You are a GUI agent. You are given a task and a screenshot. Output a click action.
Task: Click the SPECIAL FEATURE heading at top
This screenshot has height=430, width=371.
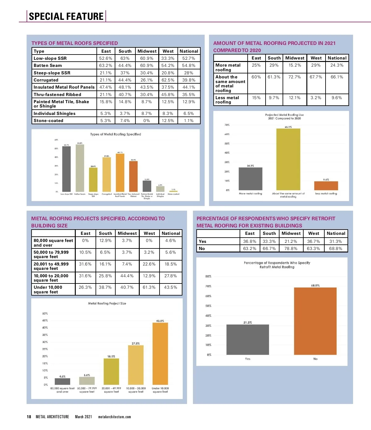click(66, 16)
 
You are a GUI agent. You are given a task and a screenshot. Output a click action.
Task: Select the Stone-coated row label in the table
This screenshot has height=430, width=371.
click(49, 121)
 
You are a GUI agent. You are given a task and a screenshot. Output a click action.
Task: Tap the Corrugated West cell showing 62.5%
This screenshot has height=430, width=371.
click(168, 80)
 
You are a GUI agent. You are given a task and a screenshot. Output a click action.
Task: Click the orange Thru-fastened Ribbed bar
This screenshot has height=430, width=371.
click(133, 176)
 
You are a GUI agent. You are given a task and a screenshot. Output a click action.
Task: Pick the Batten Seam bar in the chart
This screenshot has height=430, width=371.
click(80, 168)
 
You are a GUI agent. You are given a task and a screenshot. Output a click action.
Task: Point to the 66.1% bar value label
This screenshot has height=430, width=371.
click(288, 127)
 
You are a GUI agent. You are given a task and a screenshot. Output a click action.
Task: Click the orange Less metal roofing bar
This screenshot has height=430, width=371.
click(326, 186)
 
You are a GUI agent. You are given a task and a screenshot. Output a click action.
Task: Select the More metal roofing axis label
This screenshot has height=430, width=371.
click(250, 194)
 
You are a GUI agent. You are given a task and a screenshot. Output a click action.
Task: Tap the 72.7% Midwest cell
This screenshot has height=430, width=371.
click(295, 77)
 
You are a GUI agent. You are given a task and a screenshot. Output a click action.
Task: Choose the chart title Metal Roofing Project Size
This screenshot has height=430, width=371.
click(107, 303)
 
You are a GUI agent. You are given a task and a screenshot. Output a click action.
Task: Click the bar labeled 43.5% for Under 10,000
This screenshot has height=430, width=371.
click(160, 353)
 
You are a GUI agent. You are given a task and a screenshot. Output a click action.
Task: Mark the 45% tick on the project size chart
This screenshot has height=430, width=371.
click(45, 320)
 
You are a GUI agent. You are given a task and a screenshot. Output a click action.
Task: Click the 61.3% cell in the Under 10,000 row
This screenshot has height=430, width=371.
click(149, 287)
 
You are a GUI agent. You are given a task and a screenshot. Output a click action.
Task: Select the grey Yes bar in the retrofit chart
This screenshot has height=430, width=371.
click(248, 340)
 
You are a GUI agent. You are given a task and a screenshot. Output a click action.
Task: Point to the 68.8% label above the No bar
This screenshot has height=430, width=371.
click(315, 285)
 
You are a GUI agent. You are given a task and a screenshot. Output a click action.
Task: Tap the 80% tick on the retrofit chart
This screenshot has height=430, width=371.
click(208, 276)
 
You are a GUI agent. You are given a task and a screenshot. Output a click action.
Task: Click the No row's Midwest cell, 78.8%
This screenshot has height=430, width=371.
click(291, 248)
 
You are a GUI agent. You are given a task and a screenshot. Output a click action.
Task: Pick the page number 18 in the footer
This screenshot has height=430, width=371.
click(29, 417)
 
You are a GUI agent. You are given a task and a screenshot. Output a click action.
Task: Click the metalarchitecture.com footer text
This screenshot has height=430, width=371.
click(114, 417)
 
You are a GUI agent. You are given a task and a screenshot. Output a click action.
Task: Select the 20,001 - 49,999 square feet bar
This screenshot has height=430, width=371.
click(111, 371)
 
